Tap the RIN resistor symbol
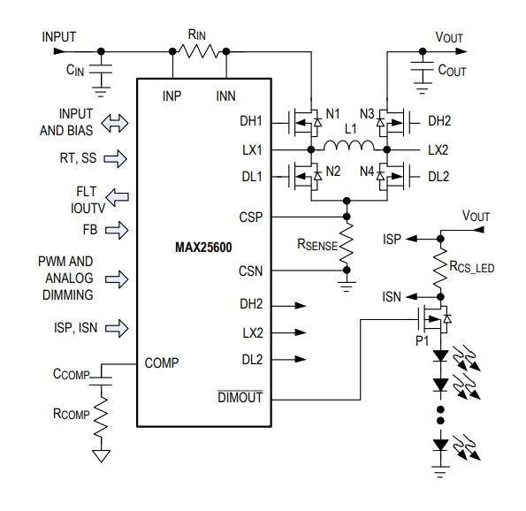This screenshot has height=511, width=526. coord(200,50)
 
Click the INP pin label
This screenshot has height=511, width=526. coord(172,95)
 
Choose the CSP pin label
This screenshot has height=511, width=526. coord(250,216)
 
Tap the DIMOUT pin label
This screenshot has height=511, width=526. coord(240,398)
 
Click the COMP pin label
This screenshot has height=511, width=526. coord(163,362)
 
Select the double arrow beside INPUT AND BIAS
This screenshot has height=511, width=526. coord(114,124)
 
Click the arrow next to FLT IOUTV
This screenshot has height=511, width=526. coord(114,197)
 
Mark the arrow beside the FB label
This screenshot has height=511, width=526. coord(114,230)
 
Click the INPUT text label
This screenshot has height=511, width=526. coord(58,36)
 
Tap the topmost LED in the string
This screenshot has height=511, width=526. coord(439,355)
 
